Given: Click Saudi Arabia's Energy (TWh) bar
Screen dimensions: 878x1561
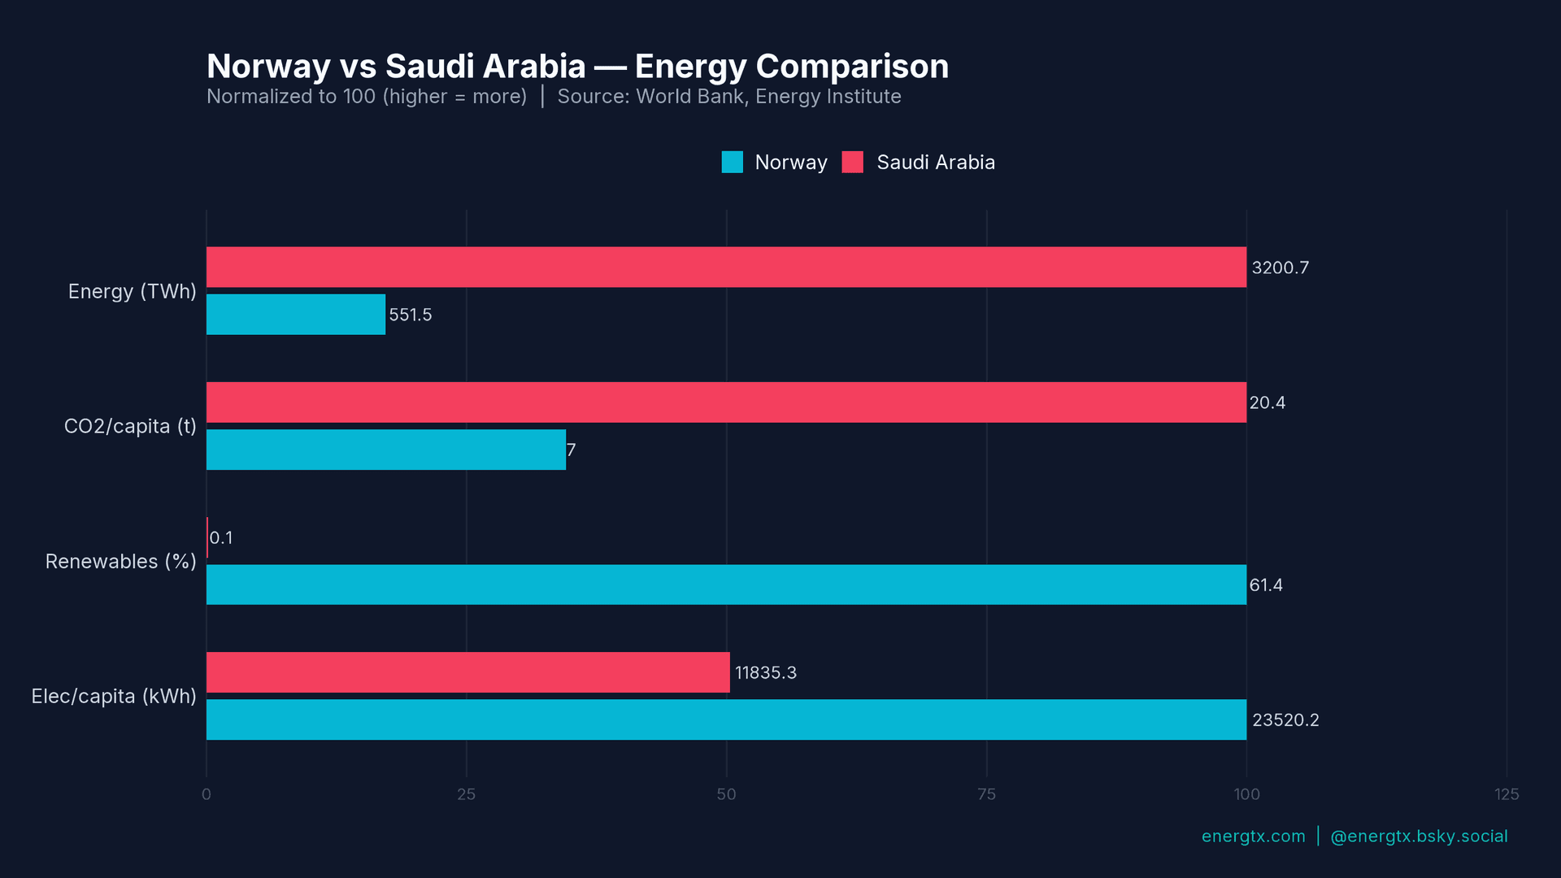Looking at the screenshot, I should coord(726,267).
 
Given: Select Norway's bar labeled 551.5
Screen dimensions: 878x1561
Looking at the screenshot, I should coord(296,315).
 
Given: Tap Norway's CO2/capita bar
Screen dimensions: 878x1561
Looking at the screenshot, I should coord(386,450).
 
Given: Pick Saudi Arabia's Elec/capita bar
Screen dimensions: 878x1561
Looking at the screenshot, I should coord(468,672).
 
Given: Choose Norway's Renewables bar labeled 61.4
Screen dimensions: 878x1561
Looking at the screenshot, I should coord(726,585).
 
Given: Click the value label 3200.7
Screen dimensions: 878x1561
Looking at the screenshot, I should coord(1280,267).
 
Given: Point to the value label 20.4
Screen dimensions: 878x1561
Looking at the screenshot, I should coord(1267,402).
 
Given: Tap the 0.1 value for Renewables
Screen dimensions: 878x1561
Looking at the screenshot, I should coord(221,537).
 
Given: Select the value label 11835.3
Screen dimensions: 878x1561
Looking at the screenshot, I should coord(765,672).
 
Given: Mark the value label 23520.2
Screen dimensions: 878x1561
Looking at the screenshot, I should coord(1285,719).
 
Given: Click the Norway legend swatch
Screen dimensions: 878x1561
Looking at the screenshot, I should coord(732,162).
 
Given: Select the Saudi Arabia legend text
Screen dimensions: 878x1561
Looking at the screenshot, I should coord(935,162).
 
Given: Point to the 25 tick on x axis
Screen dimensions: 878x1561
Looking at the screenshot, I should coord(466,794).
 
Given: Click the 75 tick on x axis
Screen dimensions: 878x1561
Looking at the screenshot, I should coord(986,794).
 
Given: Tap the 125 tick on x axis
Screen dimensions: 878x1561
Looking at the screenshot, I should coord(1506,794).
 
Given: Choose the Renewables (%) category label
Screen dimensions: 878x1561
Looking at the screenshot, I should coord(120,561).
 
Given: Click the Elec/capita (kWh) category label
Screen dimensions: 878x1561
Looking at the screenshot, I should coord(114,696).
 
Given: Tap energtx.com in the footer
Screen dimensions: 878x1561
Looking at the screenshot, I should coord(1253,836).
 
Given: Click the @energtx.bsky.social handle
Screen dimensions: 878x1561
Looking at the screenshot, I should coord(1418,836).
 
